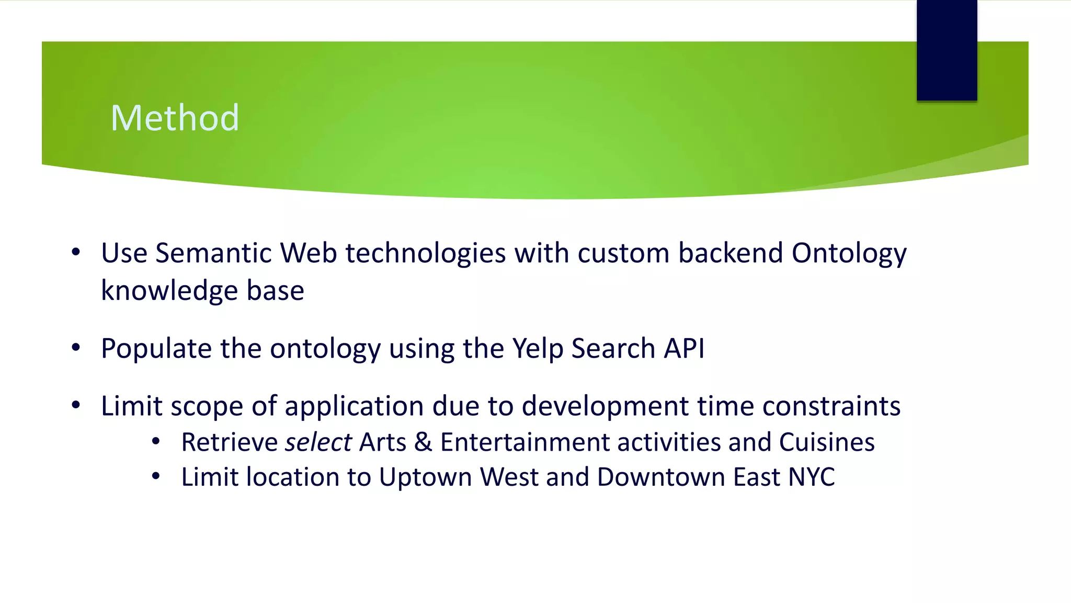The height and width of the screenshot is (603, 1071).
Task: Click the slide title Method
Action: click(175, 118)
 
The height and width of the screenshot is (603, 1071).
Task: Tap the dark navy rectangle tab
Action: click(947, 50)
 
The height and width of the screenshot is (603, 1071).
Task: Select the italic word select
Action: click(318, 442)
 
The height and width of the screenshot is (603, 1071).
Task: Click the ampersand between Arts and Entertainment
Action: click(423, 442)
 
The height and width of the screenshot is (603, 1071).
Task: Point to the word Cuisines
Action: click(826, 442)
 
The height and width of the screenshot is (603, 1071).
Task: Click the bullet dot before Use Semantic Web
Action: click(76, 252)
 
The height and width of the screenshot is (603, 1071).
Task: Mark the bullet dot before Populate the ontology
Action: click(76, 348)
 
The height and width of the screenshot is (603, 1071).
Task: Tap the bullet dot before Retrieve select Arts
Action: click(156, 442)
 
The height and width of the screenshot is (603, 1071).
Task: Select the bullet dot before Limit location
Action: click(156, 476)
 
